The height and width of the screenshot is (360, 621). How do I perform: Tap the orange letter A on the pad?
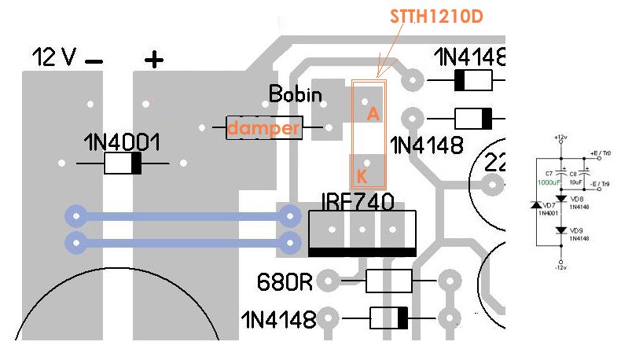coord(373,114)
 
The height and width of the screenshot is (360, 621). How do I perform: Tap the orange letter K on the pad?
coord(362,174)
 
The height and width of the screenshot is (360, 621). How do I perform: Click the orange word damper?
coord(264,128)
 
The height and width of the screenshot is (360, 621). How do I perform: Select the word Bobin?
coord(296,94)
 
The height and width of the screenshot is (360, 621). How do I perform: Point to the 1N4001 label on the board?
coord(123,143)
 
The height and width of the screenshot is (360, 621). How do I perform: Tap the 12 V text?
coord(53,57)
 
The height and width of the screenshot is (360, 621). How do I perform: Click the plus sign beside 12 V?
coord(154,58)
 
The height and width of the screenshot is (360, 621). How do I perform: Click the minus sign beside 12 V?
coord(94,60)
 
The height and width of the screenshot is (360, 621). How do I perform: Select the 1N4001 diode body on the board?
coord(123,163)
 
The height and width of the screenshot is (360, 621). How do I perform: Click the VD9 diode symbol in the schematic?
coord(560,230)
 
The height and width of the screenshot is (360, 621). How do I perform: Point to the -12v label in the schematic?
coord(560,268)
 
